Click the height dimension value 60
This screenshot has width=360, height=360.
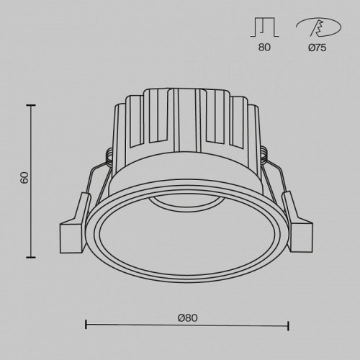pyautogui.click(x=24, y=178)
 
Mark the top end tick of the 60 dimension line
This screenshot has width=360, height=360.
pyautogui.click(x=31, y=104)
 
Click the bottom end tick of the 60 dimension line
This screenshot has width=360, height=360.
pyautogui.click(x=31, y=257)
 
